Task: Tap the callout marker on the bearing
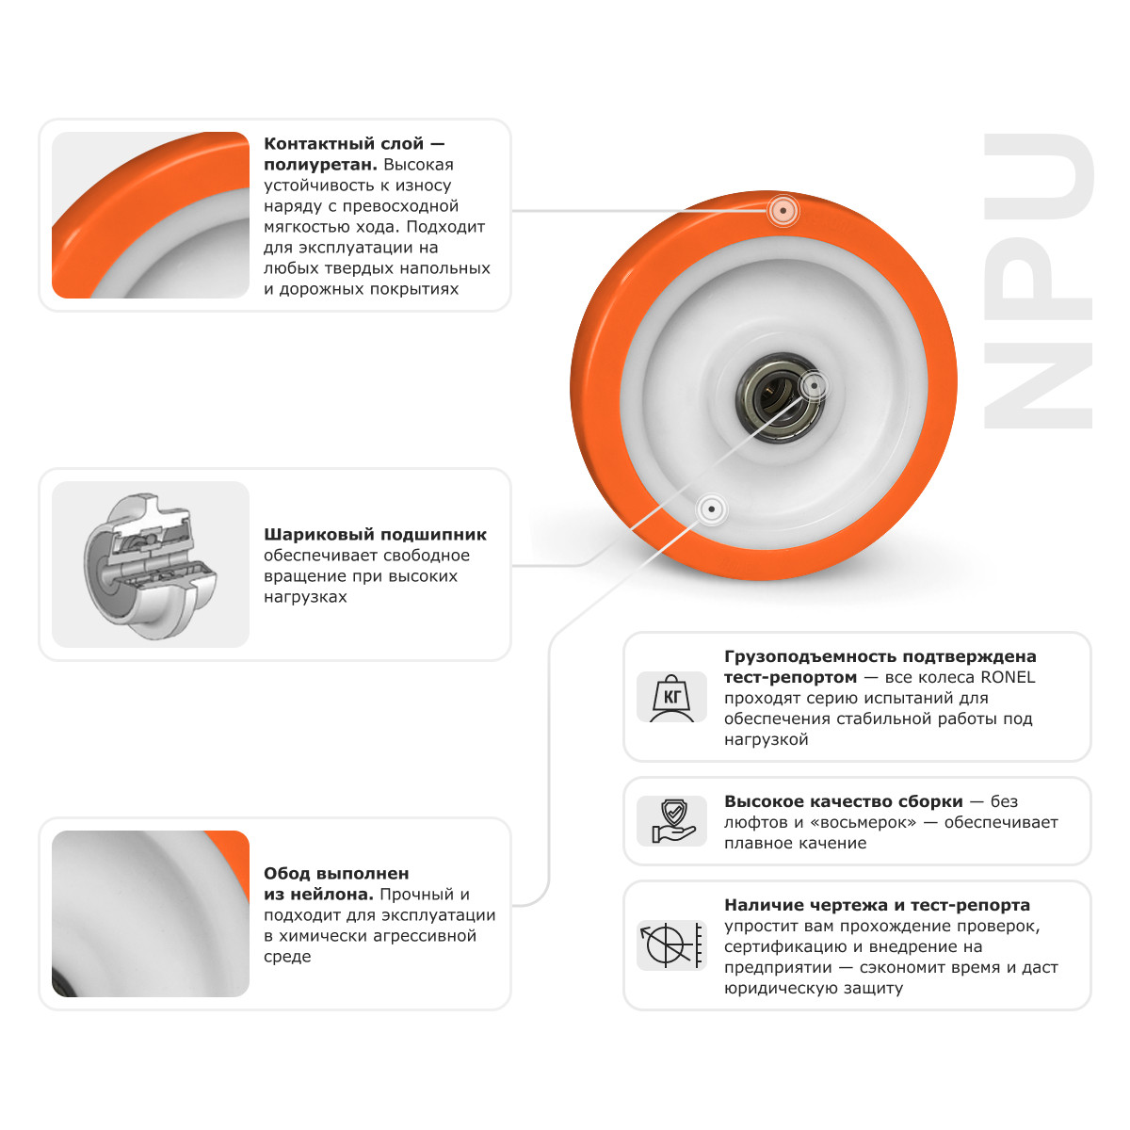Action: coord(813,384)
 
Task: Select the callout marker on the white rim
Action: coord(712,509)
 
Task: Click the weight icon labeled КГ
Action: coord(671,697)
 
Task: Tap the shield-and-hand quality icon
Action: coord(671,821)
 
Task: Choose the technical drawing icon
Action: coord(671,945)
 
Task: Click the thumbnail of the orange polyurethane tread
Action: coord(151,215)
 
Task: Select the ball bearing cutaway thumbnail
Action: coord(151,565)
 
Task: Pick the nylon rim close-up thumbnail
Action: coord(151,913)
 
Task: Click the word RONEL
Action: coord(1008,677)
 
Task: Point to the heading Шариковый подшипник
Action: coord(375,534)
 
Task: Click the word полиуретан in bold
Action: coord(318,165)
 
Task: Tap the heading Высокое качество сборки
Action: coord(843,801)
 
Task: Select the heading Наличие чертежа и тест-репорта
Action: coord(877,905)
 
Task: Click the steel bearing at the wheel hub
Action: coord(780,395)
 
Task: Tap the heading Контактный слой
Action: coord(344,144)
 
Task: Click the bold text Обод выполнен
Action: coord(336,873)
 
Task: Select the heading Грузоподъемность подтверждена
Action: coord(880,656)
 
